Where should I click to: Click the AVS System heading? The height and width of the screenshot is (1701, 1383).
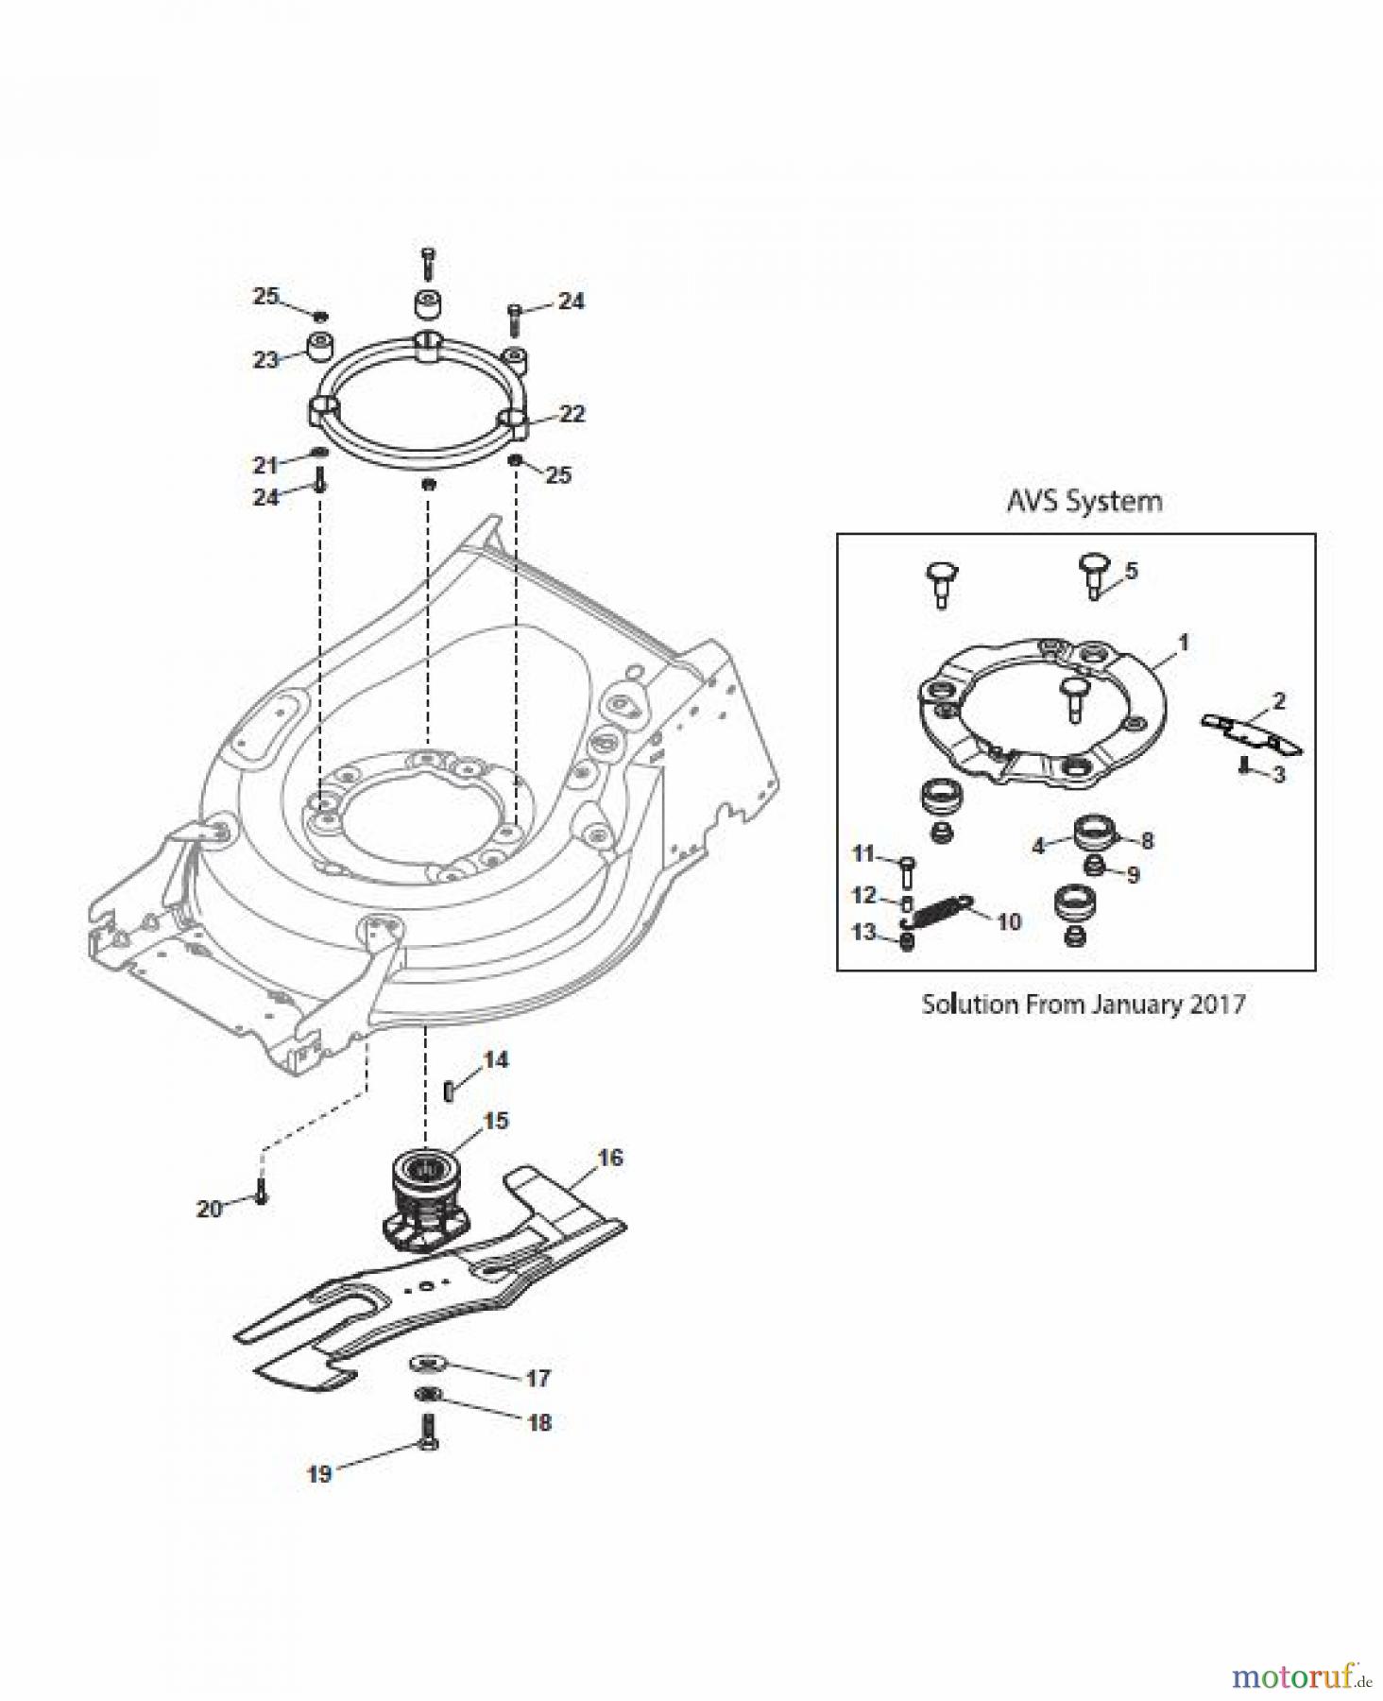click(x=1084, y=501)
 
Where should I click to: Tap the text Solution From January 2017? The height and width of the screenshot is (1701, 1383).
click(x=1083, y=1004)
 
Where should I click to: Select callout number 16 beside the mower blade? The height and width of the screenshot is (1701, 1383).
click(x=610, y=1158)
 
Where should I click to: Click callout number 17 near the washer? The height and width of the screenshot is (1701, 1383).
click(x=538, y=1379)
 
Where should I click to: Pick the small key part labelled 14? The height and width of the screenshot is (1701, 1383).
click(x=450, y=1090)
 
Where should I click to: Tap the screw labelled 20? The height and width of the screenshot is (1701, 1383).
click(x=262, y=1194)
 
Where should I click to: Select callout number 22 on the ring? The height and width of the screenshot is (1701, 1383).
click(x=572, y=415)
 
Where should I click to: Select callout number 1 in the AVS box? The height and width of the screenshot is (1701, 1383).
click(x=1183, y=643)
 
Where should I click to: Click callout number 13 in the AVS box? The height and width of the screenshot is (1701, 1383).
click(x=864, y=933)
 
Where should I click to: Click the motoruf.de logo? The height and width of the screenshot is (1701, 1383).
click(x=1300, y=1676)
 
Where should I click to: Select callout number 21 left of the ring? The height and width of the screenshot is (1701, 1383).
click(x=265, y=464)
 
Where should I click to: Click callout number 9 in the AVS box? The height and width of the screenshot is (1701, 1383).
click(x=1133, y=875)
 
